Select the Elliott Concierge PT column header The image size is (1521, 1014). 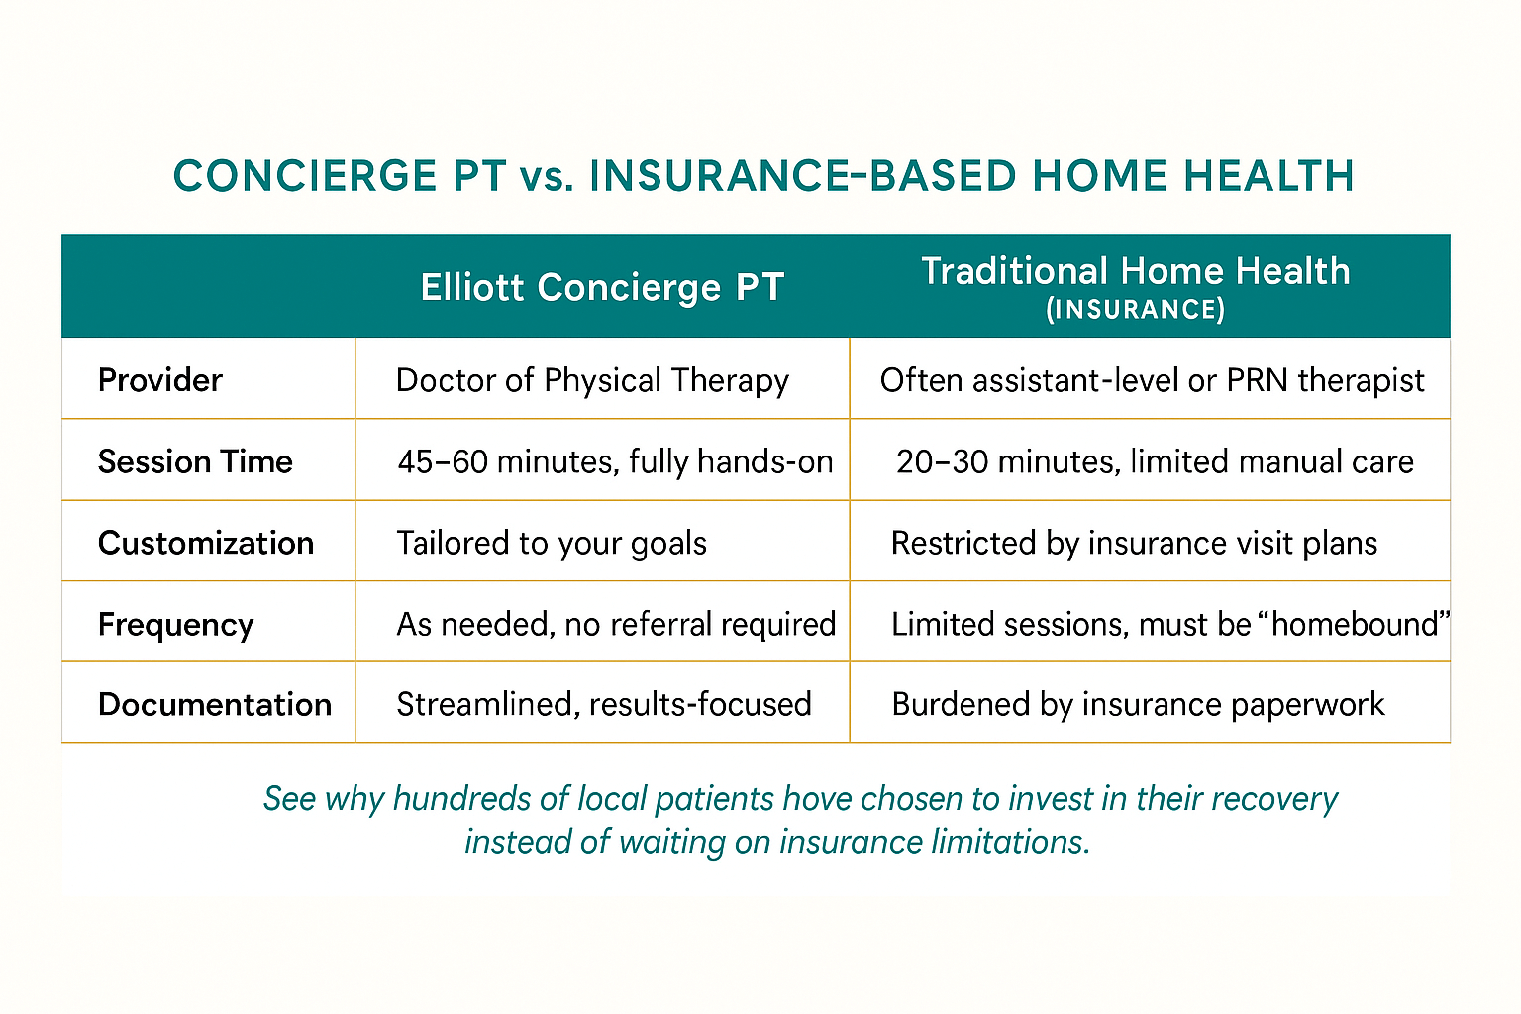click(602, 288)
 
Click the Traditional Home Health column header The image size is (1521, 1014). click(1136, 271)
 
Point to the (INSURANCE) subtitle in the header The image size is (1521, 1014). click(1136, 310)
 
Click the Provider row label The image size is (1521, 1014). click(160, 380)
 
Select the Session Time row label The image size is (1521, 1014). click(195, 461)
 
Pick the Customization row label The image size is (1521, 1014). click(206, 543)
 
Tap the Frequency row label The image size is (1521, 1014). click(175, 625)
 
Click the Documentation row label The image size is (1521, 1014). click(215, 704)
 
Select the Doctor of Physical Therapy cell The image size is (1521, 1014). click(592, 380)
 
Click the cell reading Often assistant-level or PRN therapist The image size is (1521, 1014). click(1152, 380)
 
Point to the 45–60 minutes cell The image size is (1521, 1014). click(615, 461)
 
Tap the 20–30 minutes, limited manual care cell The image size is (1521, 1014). click(1155, 461)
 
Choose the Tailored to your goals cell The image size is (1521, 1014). click(552, 543)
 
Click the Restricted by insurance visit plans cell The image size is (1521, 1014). click(1134, 543)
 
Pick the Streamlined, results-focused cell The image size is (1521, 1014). click(604, 704)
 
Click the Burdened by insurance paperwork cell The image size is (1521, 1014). click(1138, 704)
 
